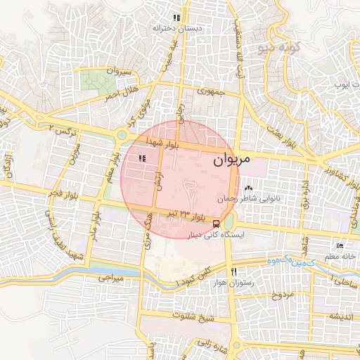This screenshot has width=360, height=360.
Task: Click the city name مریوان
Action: click(x=230, y=160)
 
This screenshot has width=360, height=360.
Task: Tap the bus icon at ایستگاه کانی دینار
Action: click(x=217, y=224)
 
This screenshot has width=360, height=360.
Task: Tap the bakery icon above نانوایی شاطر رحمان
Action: click(x=248, y=188)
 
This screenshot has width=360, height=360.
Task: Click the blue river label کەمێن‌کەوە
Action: click(x=270, y=261)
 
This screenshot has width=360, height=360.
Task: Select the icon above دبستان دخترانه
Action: click(x=178, y=18)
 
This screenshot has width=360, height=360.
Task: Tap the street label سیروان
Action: click(x=117, y=70)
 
